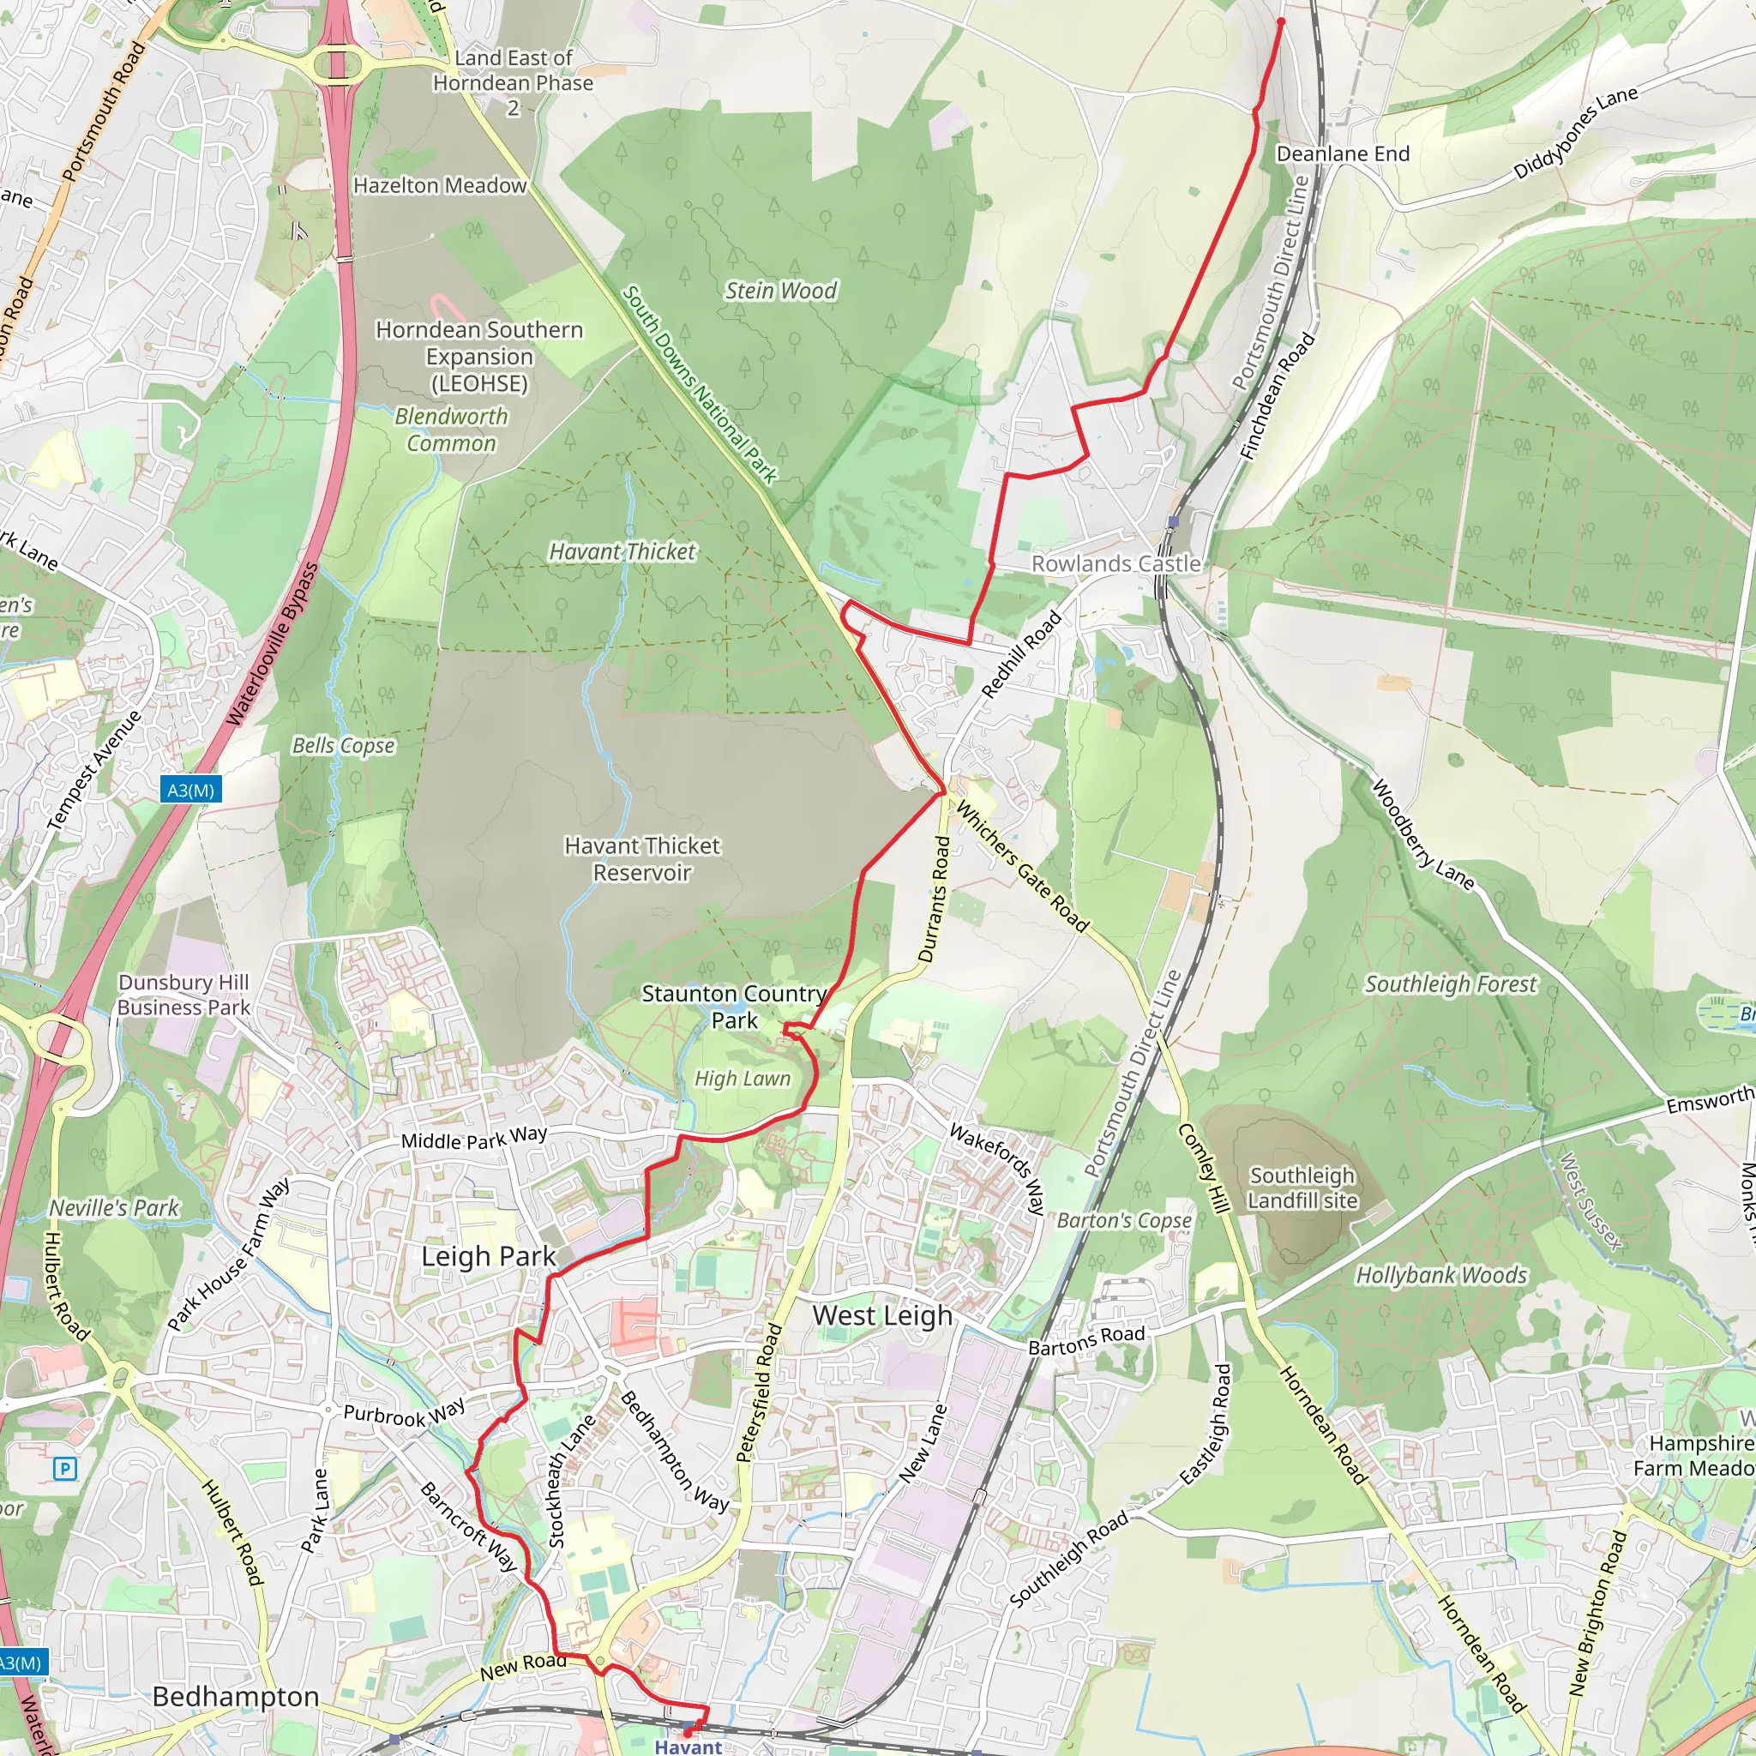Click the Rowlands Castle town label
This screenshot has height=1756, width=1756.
point(1116,563)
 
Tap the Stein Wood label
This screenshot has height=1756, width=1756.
point(780,291)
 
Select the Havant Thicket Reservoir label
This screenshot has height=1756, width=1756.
point(641,859)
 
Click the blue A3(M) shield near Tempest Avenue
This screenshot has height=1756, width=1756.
point(191,790)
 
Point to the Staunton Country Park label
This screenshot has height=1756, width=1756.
point(735,1006)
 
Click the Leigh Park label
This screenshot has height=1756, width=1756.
point(488,1256)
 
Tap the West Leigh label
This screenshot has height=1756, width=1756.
point(882,1315)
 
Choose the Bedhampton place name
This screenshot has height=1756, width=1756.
point(236,1696)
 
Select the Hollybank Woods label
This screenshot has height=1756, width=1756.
point(1441,1275)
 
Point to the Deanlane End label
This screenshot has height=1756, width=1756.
point(1343,153)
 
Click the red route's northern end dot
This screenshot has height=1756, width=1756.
point(1281,21)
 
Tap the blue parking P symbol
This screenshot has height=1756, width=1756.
point(64,1468)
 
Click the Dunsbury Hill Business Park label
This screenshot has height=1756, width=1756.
point(183,995)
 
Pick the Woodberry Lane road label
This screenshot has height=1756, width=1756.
point(1422,833)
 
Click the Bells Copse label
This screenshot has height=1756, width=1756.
point(344,745)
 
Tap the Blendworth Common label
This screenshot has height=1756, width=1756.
point(451,429)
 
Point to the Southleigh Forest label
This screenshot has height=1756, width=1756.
point(1451,983)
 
